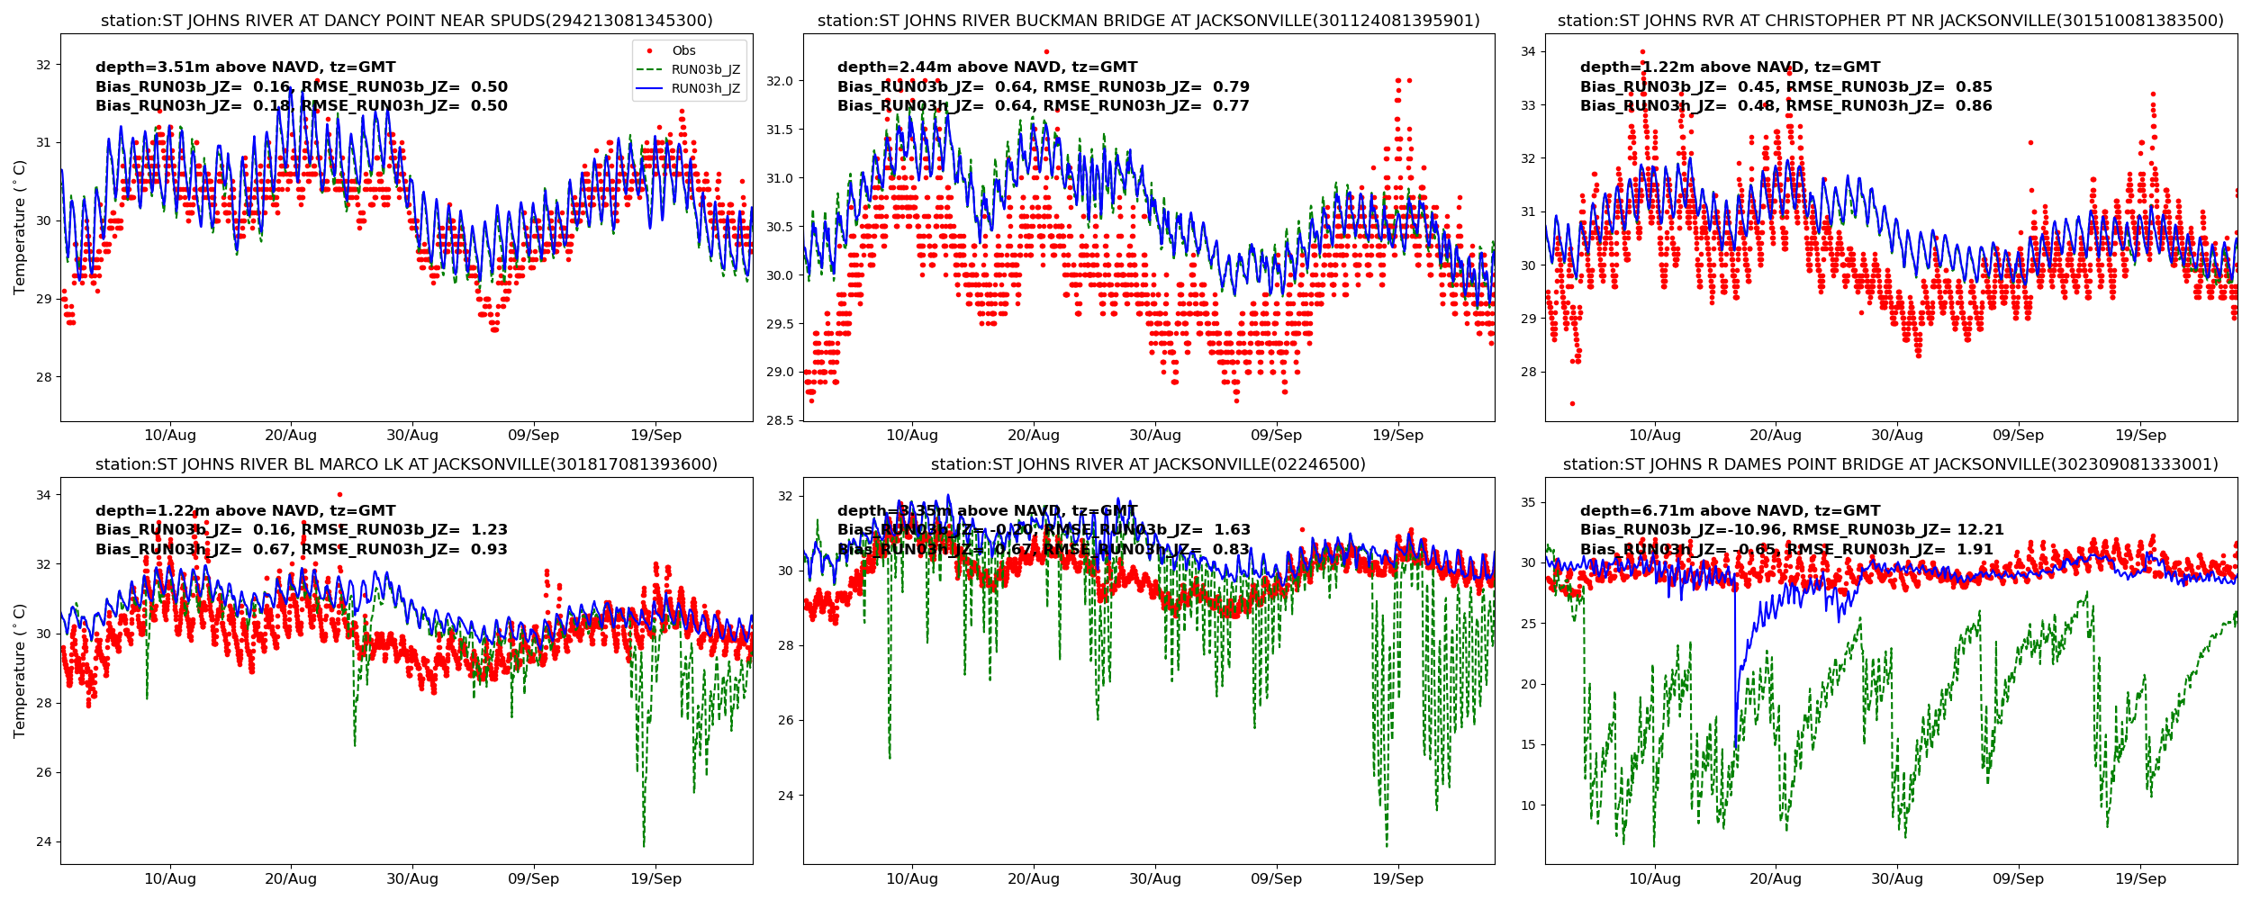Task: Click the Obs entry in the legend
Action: click(683, 51)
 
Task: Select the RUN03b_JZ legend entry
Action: click(705, 70)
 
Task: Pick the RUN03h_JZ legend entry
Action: click(705, 89)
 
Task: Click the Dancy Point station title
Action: click(406, 21)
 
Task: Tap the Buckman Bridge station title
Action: click(1148, 21)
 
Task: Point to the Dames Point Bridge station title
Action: click(1890, 464)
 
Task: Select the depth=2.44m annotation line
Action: click(987, 67)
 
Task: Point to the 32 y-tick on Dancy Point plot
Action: click(43, 65)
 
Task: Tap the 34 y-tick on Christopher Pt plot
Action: click(1528, 51)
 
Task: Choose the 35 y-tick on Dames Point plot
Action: click(1528, 503)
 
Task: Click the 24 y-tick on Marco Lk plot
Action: click(43, 842)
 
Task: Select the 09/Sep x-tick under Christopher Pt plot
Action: click(2018, 436)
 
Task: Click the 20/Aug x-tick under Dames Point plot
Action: click(1775, 879)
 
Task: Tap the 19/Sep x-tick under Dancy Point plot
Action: click(655, 436)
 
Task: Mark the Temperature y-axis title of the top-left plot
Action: click(20, 227)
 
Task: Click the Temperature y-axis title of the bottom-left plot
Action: click(20, 670)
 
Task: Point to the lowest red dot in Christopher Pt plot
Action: click(1572, 403)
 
